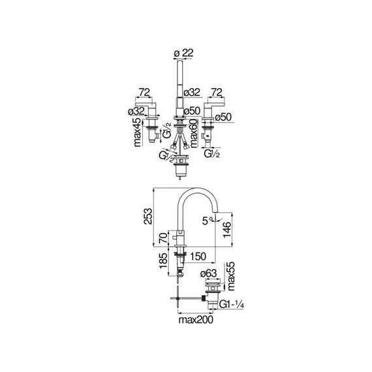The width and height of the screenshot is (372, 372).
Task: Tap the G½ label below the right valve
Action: [x=211, y=155]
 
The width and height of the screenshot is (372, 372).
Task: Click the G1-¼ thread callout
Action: [x=232, y=304]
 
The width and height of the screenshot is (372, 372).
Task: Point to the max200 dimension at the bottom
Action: [x=196, y=320]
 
